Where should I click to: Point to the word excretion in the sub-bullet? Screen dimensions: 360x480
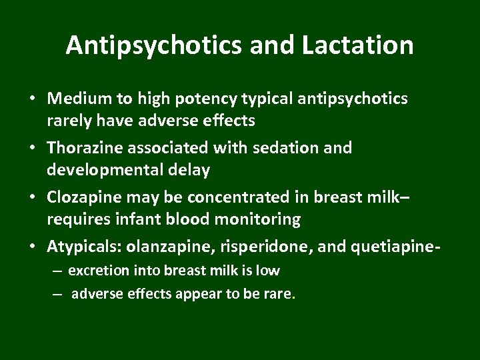[95, 271]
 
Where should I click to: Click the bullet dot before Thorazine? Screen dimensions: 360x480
[33, 148]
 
